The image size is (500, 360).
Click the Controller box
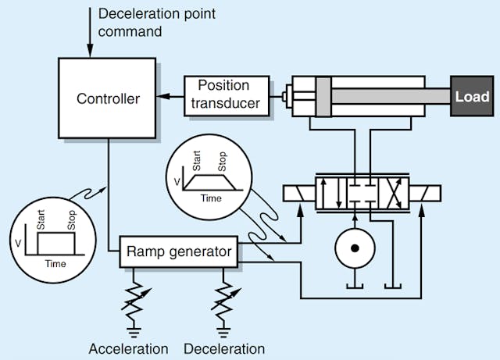109,99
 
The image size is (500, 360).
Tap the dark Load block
473,98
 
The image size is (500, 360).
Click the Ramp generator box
180,251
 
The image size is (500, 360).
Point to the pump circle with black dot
355,249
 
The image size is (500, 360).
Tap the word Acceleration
129,348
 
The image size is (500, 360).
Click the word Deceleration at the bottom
226,348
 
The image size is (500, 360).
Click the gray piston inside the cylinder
323,98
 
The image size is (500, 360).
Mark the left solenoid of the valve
299,192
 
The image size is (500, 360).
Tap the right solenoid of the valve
423,192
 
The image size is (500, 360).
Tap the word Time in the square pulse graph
55,263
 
